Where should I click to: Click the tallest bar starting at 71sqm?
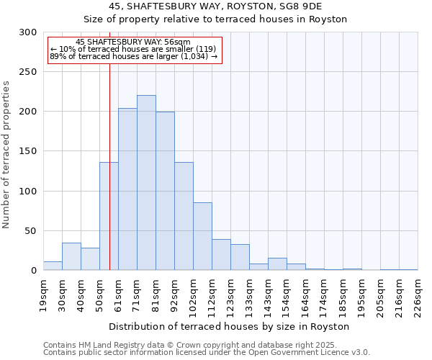point(146,183)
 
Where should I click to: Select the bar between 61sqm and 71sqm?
point(127,189)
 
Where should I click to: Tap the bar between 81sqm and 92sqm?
point(165,191)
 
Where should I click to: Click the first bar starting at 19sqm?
point(53,266)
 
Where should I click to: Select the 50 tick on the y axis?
point(32,231)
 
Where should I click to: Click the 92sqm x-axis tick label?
point(175,294)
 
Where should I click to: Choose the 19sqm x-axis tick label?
point(44,294)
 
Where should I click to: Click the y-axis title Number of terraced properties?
point(6,154)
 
